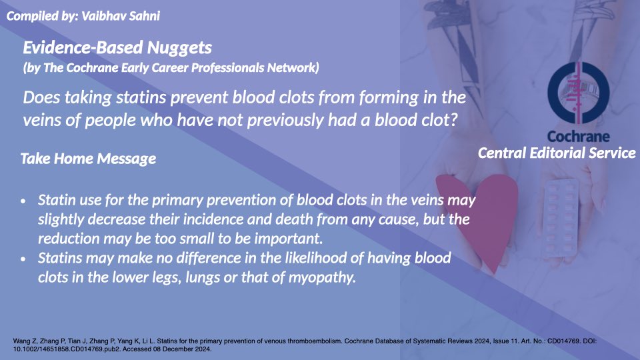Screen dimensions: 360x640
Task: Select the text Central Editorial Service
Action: coord(557,153)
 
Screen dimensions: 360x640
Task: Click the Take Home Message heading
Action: coord(88,159)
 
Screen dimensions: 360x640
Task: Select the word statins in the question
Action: coord(136,97)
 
